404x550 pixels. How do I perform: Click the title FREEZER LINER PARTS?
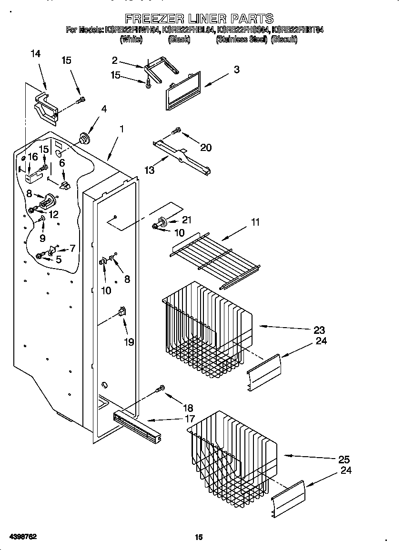(x=199, y=19)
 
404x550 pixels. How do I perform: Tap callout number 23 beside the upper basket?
(x=319, y=330)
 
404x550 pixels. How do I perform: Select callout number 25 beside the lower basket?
(x=343, y=460)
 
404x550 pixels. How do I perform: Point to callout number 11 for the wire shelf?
(x=255, y=222)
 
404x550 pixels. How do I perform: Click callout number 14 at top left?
(x=35, y=54)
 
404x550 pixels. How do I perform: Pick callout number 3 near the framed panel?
(x=236, y=70)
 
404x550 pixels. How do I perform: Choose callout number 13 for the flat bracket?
(x=150, y=170)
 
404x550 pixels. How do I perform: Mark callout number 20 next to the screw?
(x=206, y=148)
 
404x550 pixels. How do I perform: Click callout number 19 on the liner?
(x=129, y=342)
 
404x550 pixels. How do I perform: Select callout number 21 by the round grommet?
(x=186, y=220)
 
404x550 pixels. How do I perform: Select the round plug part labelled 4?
(x=85, y=138)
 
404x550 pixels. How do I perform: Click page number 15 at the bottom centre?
(x=199, y=537)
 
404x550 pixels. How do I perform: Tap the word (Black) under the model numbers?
(x=179, y=40)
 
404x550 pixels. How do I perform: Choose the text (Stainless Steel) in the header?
(x=242, y=40)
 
